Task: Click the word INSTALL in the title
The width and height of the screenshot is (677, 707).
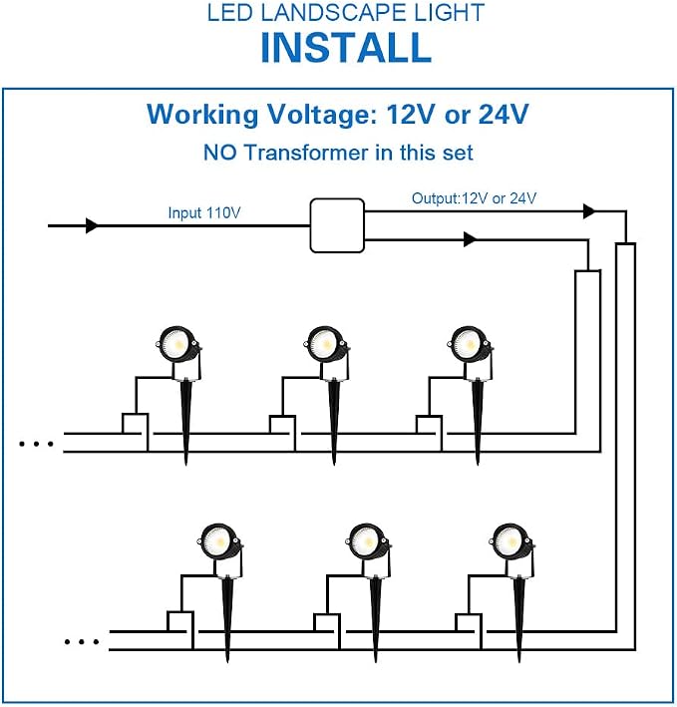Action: click(346, 47)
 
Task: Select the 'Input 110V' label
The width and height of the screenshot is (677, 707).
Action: click(204, 212)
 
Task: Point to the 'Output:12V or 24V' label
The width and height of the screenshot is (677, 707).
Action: click(475, 198)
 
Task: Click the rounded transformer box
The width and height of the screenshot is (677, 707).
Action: click(337, 225)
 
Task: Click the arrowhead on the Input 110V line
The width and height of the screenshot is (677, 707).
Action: click(92, 225)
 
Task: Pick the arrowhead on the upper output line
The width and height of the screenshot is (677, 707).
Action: click(589, 210)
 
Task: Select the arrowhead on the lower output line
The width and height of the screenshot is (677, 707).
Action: click(471, 239)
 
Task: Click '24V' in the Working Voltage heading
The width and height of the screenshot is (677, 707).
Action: click(504, 114)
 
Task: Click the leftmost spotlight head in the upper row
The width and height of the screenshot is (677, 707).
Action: click(178, 344)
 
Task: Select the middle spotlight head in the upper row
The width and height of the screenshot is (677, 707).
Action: click(327, 344)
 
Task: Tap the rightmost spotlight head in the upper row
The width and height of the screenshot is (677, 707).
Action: click(471, 344)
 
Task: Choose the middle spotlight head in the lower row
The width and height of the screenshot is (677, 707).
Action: click(368, 541)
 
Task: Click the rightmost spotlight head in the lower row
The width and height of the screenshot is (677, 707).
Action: click(511, 541)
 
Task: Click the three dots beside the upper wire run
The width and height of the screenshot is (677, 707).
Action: click(36, 444)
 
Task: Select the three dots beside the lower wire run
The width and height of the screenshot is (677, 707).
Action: click(82, 641)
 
